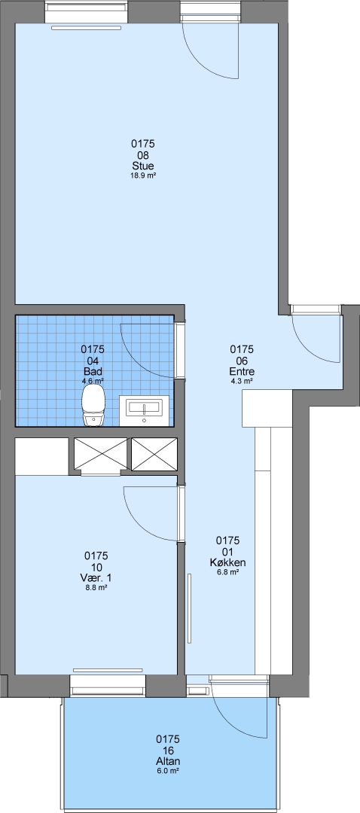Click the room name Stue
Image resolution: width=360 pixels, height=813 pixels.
[x=143, y=166]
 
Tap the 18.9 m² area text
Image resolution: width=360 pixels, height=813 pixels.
[x=143, y=175]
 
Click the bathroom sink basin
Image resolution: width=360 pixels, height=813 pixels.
[x=144, y=409]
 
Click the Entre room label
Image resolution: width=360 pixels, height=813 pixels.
[x=242, y=372]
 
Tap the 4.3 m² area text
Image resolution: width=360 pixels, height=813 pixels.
[x=242, y=381]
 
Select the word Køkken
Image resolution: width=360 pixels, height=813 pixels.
[x=227, y=562]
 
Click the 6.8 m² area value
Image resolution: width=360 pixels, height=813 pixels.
[x=227, y=572]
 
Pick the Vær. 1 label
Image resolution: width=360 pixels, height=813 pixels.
[x=96, y=578]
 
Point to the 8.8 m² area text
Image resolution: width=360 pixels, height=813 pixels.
[x=96, y=588]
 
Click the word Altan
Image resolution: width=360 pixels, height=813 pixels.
[x=167, y=762]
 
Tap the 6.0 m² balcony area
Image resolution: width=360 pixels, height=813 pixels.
[x=167, y=771]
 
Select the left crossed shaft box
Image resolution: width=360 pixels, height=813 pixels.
[x=101, y=454]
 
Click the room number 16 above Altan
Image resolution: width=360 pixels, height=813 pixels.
[x=167, y=751]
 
